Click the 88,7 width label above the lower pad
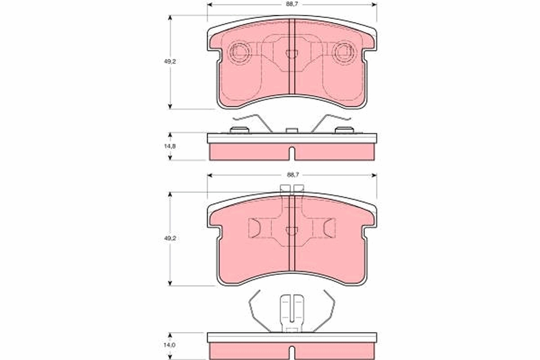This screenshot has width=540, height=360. tap(292, 174)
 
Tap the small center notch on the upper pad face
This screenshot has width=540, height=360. tap(292, 54)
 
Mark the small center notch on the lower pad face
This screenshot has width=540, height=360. tap(292, 230)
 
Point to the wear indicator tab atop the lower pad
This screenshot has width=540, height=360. tap(292, 189)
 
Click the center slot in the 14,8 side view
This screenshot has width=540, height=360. tap(292, 153)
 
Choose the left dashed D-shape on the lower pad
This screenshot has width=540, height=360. tap(254, 228)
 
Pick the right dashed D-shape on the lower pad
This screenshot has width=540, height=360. tap(330, 228)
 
